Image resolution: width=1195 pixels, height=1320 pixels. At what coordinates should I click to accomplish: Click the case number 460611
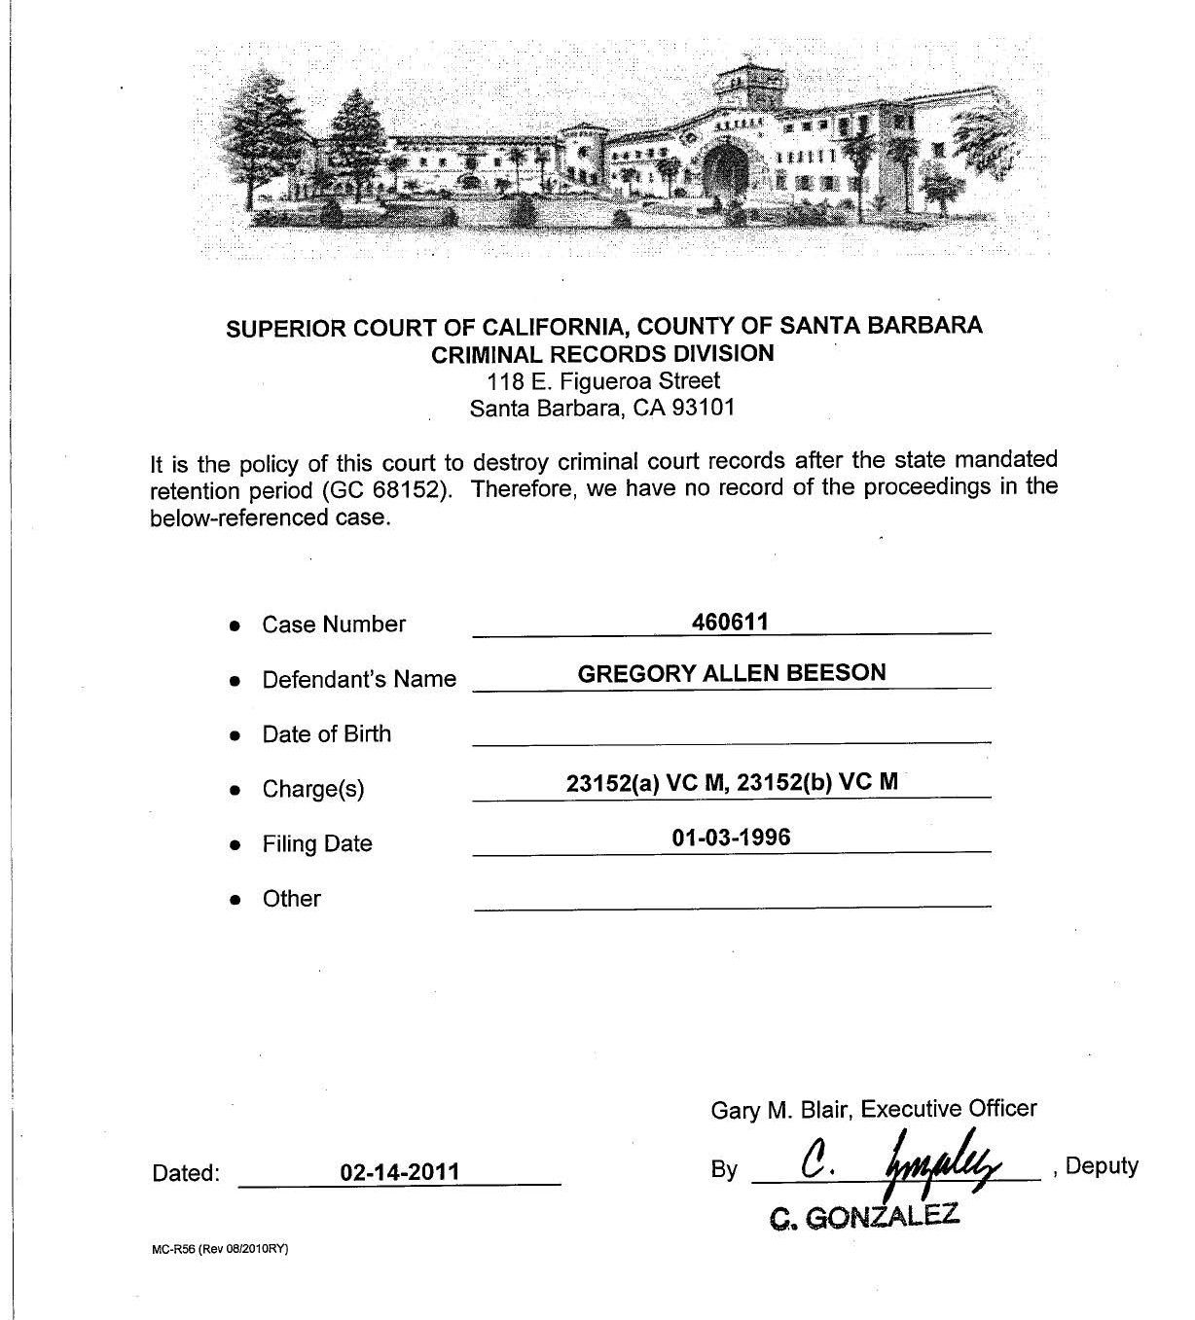coord(730,622)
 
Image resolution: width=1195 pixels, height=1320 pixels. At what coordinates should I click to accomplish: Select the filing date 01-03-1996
coord(731,837)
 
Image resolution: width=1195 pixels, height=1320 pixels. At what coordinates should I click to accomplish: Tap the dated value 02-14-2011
coord(399,1171)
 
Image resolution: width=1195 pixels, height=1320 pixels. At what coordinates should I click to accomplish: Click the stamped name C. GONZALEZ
coord(864,1215)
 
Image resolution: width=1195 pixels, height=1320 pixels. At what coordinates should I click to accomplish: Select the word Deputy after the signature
coord(1102,1165)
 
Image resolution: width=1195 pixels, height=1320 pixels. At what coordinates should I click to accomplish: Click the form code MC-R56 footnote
coord(220,1250)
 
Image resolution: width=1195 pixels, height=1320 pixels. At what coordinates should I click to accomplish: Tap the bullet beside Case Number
coord(235,626)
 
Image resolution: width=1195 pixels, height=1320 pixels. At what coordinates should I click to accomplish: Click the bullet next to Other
coord(235,901)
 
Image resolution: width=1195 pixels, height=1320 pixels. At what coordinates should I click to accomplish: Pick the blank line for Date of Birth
coord(731,741)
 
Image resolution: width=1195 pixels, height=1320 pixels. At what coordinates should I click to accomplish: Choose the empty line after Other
coord(731,906)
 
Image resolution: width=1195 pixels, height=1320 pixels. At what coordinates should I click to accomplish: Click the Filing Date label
coord(317,843)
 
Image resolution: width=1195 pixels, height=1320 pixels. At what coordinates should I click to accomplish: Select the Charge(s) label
coord(313,789)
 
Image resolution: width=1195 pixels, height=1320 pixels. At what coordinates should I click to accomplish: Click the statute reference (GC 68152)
coord(389,489)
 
